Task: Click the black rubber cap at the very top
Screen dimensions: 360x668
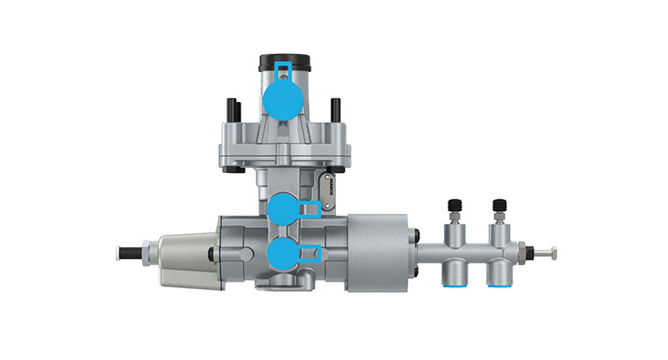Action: [284, 62]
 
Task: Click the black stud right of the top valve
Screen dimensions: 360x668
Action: [336, 109]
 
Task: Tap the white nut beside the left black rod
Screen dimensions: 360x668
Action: [147, 251]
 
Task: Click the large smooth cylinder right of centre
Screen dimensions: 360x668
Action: [377, 251]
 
